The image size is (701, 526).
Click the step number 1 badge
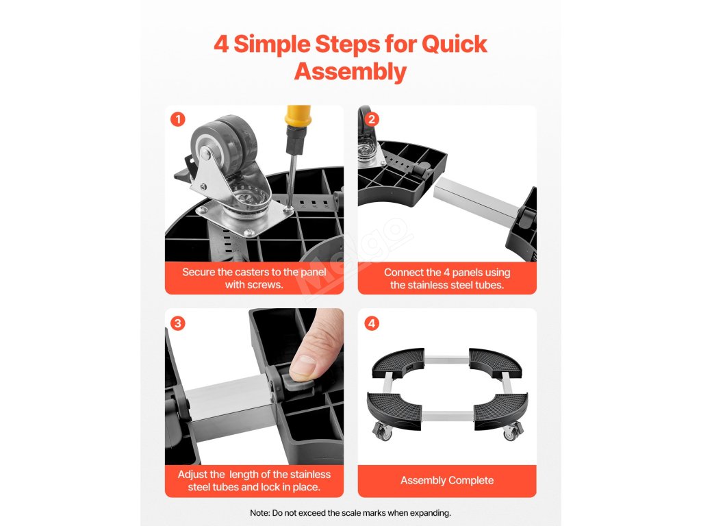[178, 119]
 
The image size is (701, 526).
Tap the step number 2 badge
[372, 119]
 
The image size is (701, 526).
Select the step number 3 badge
[178, 323]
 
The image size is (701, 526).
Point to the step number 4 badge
[372, 323]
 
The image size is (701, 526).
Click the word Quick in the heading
[455, 45]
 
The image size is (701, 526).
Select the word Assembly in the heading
[350, 72]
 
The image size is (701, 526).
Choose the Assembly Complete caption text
[447, 480]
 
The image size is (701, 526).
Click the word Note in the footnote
[259, 512]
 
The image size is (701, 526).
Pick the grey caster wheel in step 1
[225, 143]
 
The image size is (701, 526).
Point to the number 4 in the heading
[221, 45]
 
